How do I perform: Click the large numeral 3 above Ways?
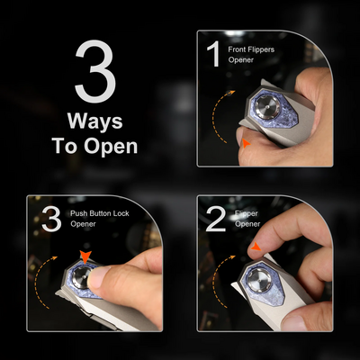[x=95, y=71]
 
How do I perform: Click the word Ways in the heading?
[x=95, y=121]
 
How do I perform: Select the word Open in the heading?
[x=111, y=146]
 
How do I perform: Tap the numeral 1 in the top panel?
[x=215, y=54]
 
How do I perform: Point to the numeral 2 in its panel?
[x=216, y=219]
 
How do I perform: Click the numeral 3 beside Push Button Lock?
[x=51, y=219]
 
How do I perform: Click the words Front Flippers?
[x=251, y=49]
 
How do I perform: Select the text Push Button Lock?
[x=100, y=213]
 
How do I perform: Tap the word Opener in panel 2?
[x=247, y=224]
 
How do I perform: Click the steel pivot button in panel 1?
[x=266, y=107]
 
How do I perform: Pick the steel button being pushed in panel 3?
[x=82, y=275]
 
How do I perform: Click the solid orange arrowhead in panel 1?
[x=247, y=144]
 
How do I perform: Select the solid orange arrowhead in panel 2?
[x=256, y=247]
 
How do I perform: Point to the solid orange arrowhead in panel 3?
[x=85, y=257]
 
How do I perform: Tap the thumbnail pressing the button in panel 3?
[x=96, y=277]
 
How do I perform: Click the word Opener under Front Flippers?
[x=241, y=60]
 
